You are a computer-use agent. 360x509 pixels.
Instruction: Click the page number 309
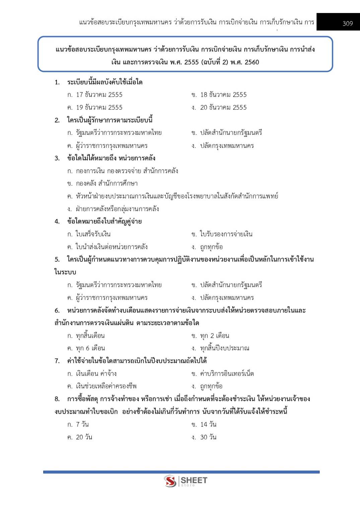(348, 23)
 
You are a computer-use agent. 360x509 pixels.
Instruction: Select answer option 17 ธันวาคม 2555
(99, 95)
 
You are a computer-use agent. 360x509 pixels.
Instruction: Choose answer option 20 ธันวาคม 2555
(223, 107)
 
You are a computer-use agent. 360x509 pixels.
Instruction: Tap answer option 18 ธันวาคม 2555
(223, 95)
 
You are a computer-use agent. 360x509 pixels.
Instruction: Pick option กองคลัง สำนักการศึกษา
(106, 183)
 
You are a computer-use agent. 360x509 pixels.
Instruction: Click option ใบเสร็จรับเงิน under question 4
(93, 234)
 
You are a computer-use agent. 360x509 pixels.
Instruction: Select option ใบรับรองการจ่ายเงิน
(226, 234)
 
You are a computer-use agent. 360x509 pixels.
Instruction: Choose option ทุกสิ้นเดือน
(90, 336)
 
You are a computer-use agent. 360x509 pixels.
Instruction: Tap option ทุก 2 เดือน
(214, 336)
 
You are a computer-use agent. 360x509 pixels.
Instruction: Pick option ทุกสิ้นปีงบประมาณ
(224, 348)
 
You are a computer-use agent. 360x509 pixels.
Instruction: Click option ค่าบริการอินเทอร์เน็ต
(227, 373)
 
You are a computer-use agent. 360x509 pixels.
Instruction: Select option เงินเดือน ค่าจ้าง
(96, 373)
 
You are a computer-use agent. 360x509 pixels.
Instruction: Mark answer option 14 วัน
(208, 424)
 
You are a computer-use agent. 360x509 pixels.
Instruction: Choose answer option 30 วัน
(208, 437)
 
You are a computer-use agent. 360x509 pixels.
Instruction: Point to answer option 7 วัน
(82, 424)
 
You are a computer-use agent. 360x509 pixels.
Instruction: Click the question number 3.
(57, 158)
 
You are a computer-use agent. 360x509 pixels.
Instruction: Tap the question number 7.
(57, 361)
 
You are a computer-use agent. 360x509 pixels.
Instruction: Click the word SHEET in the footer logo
(194, 480)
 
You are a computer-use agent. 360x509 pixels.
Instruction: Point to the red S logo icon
(170, 481)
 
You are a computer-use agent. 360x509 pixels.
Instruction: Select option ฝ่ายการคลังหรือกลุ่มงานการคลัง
(117, 209)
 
